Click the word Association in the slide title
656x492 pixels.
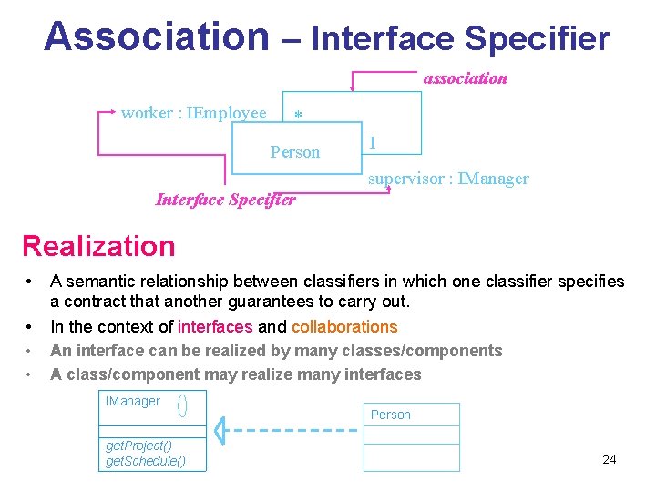coord(156,36)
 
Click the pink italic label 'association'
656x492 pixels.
coord(465,78)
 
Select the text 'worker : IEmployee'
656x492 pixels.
coord(194,113)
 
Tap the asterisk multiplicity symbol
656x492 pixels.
coord(298,118)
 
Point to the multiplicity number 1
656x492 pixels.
coord(374,143)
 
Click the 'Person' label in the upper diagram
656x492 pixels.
coord(295,152)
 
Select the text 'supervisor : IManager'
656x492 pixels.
coord(448,179)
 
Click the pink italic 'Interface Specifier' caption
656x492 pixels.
coord(226,200)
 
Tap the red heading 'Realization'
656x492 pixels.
coord(98,246)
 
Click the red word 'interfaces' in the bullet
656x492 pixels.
coord(216,327)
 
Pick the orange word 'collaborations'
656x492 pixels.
coord(345,327)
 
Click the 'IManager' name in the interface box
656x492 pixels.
coord(133,401)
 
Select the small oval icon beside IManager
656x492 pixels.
coord(182,405)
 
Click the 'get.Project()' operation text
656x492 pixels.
coord(139,446)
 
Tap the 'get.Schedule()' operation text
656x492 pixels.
coord(146,461)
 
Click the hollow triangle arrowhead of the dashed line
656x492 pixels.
coord(220,430)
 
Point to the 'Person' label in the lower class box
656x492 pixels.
coord(391,415)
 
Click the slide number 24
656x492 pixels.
coord(610,459)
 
